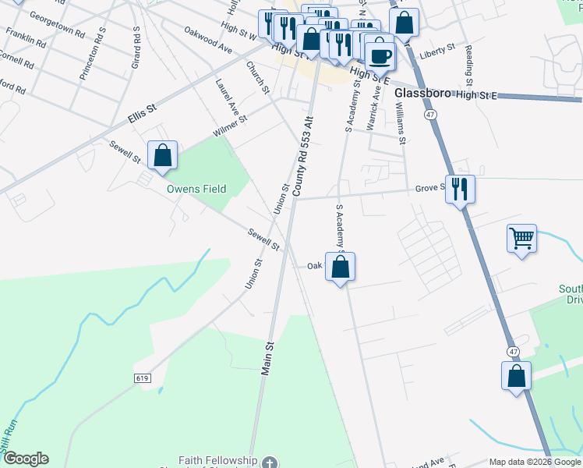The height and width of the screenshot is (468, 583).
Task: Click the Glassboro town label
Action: click(423, 92)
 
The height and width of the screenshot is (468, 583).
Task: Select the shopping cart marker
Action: click(521, 238)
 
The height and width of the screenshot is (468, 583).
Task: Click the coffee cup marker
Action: click(380, 57)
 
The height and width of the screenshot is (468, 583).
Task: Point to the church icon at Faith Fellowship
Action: click(270, 463)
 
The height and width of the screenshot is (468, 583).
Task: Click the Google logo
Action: click(26, 459)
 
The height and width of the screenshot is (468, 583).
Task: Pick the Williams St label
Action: click(401, 126)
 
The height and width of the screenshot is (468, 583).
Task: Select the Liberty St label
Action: click(437, 50)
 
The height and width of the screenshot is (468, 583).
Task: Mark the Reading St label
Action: click(469, 66)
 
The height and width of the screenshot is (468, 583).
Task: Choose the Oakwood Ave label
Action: click(208, 40)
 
